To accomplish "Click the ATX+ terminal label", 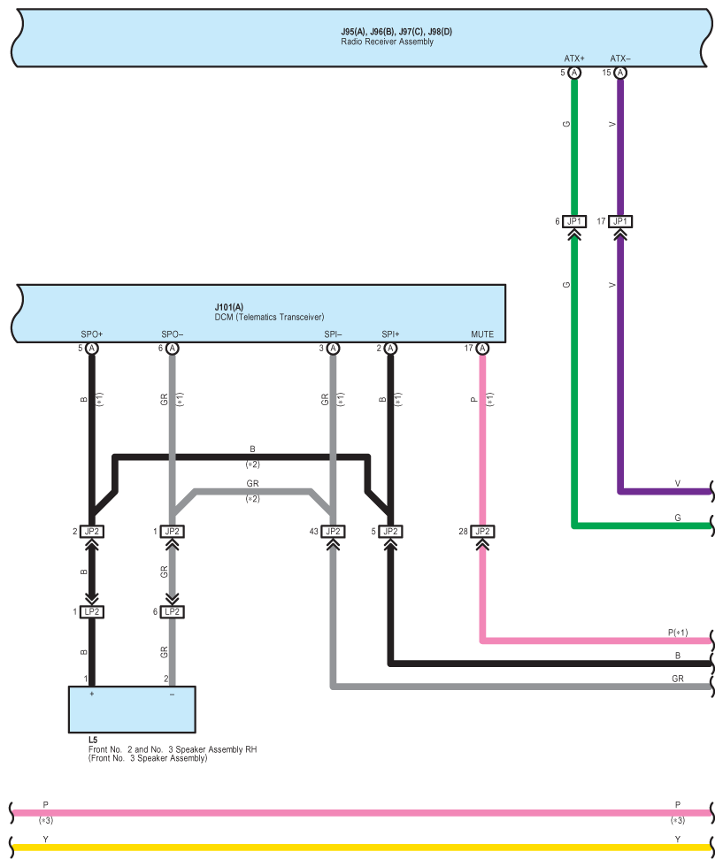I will pos(574,59).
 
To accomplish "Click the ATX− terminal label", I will pos(619,59).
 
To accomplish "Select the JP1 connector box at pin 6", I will pos(574,221).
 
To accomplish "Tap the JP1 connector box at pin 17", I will pos(620,221).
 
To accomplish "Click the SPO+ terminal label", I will pos(92,334).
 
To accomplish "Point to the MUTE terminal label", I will pos(482,334).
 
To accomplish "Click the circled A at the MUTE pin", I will pos(482,349).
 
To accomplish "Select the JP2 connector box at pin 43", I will pos(333,532).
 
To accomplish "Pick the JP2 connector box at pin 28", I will pos(482,532).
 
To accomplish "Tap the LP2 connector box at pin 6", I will pos(173,611).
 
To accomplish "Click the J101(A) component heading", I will pos(228,307).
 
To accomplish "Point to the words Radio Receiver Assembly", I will pos(387,42).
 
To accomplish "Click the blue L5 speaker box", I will pos(133,710).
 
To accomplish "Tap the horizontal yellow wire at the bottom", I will pos(354,847).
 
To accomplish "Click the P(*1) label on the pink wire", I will pos(677,633).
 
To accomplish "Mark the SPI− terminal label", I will pos(333,334).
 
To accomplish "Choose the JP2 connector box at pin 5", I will pos(391,532).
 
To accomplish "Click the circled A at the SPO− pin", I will pos(173,349).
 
